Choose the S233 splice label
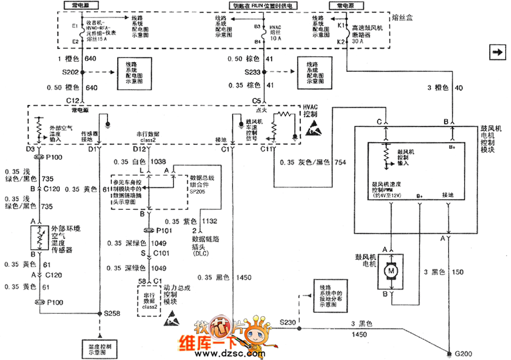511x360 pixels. (x=253, y=71)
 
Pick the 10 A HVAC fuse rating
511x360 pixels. (x=276, y=38)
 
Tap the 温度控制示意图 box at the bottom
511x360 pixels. (x=100, y=349)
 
